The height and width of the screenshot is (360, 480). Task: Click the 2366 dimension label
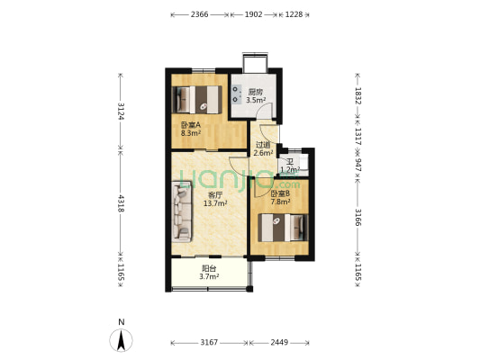[199, 14]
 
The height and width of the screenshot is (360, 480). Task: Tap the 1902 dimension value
[253, 14]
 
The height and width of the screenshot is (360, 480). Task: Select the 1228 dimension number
[294, 14]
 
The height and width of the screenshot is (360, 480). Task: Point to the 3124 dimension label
[121, 112]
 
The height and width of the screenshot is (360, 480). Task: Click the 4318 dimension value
[121, 203]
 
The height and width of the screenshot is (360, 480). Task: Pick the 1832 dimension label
[358, 95]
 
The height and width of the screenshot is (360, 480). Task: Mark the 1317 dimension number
[358, 137]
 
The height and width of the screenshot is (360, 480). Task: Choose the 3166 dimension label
[358, 217]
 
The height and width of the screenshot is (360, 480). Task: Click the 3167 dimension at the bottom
[209, 342]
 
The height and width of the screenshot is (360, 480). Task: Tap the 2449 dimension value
[279, 342]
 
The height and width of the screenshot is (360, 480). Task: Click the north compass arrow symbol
[122, 340]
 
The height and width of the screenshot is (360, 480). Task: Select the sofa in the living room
[182, 211]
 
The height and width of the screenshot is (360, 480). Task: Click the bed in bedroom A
[197, 100]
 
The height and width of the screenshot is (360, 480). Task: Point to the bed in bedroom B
[283, 228]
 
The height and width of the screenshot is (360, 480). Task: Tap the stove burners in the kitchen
[235, 94]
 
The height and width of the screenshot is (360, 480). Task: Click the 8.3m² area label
[191, 133]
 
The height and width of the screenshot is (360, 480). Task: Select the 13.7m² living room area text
[215, 203]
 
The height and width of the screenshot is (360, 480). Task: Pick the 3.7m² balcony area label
[209, 277]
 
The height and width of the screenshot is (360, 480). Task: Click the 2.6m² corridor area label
[263, 153]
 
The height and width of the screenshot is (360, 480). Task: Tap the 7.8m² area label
[281, 202]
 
